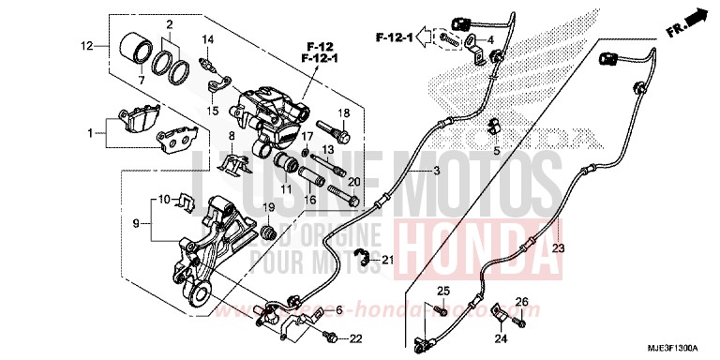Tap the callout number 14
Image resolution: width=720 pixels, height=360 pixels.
[x=209, y=38]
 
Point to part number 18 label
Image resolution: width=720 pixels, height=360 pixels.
[x=344, y=113]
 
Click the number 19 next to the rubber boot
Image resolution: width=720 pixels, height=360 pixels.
[x=267, y=207]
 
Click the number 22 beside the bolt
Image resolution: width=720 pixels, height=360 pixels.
[x=355, y=338]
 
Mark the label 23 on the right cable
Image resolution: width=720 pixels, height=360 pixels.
[x=558, y=248]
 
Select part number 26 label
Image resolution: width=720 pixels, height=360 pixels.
[x=522, y=301]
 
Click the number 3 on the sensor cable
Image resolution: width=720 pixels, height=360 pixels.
[x=410, y=172]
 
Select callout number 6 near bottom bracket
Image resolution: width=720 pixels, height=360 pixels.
[x=339, y=308]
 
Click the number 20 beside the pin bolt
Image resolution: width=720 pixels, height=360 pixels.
[x=354, y=181]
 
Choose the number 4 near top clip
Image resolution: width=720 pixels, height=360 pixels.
[x=489, y=38]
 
